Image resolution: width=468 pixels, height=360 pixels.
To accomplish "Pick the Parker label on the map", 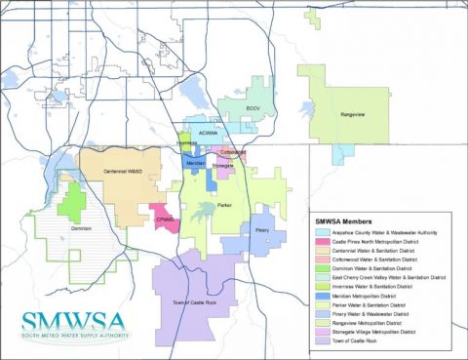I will (224, 206).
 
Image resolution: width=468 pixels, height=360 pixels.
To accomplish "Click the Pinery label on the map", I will (262, 229).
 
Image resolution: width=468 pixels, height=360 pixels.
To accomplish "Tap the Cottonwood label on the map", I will (234, 152).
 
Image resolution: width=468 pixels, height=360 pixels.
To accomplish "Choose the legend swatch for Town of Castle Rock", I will (322, 341).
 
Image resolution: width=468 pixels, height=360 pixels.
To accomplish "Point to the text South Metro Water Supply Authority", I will (67, 338).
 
